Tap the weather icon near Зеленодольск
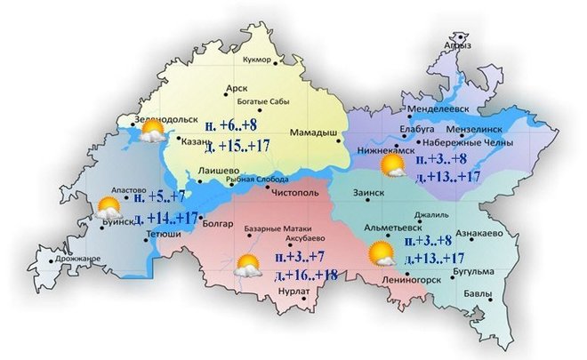[151, 132]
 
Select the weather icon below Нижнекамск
[392, 166]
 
